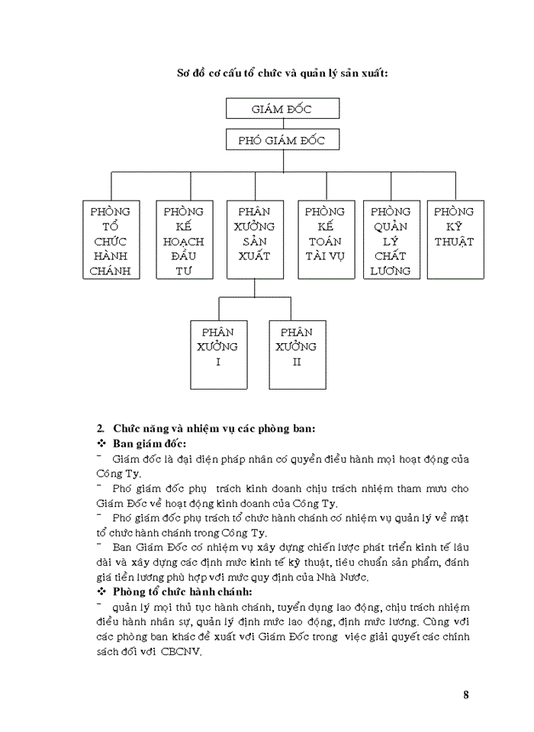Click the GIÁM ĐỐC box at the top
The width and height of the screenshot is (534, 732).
pos(282,109)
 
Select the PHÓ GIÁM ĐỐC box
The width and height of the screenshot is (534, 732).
pos(282,140)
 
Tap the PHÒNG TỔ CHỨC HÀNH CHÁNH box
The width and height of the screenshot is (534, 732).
pos(111,240)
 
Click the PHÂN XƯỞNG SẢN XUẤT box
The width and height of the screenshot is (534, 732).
pos(255,240)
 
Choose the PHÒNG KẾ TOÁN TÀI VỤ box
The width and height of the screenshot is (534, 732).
pos(325,240)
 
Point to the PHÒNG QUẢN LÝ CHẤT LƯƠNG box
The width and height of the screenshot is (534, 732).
pos(391,240)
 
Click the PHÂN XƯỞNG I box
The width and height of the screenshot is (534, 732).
pos(218,355)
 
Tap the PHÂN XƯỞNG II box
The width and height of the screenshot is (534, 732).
pos(297,355)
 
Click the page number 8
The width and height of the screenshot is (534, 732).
pos(466,695)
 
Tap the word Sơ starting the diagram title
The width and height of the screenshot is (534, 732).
pos(184,73)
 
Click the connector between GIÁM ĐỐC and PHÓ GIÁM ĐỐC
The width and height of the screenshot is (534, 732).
pos(282,124)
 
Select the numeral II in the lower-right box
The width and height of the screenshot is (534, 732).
pos(297,362)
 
